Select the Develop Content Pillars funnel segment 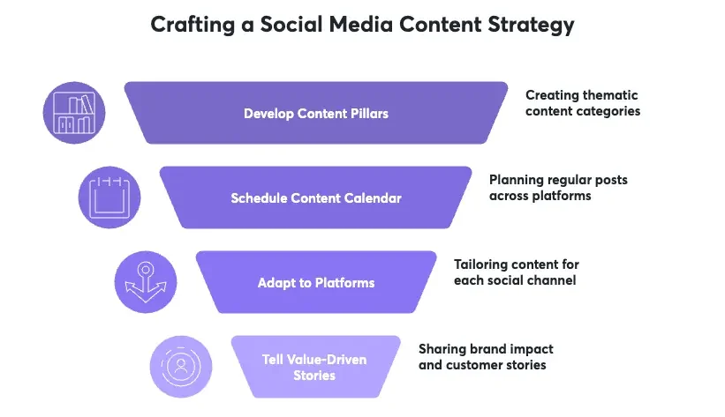315,113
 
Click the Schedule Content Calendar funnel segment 315,197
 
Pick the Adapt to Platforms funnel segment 315,282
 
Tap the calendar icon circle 109,197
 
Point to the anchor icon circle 144,282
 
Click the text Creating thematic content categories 582,103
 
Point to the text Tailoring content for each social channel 516,272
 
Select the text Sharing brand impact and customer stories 486,356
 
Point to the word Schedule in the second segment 257,198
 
